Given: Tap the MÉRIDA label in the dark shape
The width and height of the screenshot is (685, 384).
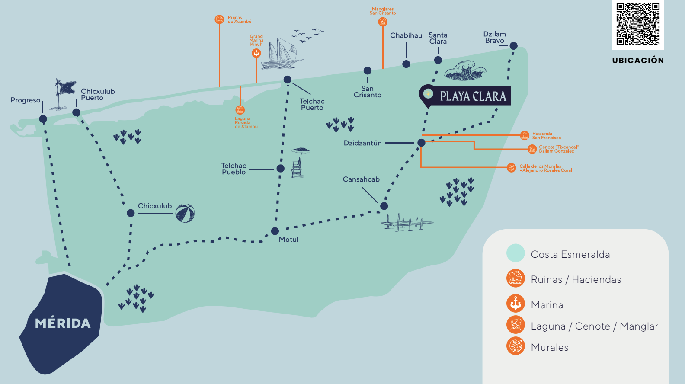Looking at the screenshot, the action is pos(63,323).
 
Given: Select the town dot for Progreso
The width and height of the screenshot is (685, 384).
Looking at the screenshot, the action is pos(43,119).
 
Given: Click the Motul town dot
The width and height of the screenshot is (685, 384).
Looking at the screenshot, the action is pos(275,231).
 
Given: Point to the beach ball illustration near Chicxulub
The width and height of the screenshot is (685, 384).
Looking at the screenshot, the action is pos(185,213).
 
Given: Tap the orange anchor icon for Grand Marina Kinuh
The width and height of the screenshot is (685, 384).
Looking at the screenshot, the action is pos(256,53).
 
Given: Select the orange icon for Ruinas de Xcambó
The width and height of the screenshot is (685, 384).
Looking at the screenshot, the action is pos(219,19).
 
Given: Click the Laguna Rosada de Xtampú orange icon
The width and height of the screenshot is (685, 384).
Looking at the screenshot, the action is pos(240,110).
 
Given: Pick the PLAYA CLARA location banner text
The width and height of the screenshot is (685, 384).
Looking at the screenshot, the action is pos(473,96).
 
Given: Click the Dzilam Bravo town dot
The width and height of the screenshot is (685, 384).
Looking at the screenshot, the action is pos(513,46).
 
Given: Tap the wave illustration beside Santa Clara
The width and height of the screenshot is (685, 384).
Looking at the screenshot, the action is pos(465,70).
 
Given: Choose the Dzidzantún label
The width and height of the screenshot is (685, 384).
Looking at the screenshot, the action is pos(363,143).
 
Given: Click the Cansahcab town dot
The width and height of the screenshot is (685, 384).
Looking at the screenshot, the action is pos(384,206).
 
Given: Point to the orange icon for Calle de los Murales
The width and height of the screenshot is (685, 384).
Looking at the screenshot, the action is pos(511,167).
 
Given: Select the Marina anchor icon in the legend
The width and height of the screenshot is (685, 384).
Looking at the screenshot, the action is pos(515,303).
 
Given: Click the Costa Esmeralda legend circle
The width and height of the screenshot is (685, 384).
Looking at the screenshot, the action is pos(515,253).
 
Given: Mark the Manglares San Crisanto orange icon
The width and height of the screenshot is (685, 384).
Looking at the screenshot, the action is pos(383,22).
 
